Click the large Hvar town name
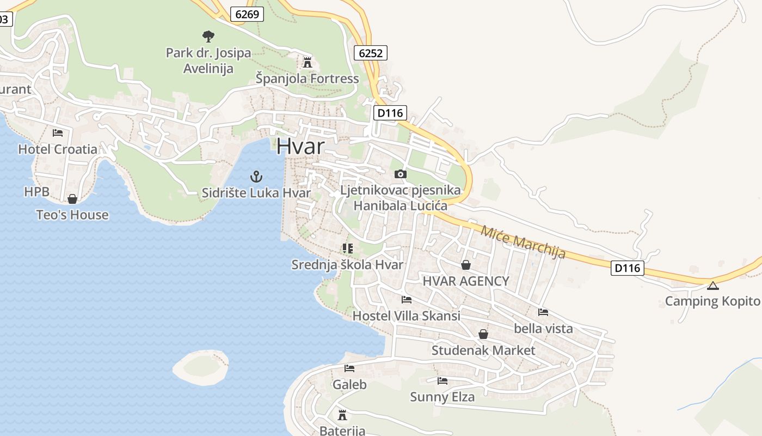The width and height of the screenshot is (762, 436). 300,146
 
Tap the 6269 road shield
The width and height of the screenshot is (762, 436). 247,14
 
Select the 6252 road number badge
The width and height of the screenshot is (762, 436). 371,53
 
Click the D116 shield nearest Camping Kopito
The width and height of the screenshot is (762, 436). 628,268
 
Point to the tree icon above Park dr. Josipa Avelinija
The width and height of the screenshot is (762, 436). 208,37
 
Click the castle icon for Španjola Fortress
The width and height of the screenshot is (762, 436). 308,62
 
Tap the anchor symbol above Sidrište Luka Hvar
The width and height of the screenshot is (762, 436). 256,177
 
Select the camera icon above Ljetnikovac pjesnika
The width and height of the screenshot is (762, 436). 401,174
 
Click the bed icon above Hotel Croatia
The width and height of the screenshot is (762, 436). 58,132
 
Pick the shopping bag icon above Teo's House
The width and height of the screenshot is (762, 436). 72,199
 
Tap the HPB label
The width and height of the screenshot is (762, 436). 36,192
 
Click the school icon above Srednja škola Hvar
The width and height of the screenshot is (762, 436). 348,249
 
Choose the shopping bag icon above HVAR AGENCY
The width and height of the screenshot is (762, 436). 466,265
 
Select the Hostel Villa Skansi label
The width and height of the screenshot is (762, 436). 406,316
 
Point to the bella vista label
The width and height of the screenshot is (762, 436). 543,328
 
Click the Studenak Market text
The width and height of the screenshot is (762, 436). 483,350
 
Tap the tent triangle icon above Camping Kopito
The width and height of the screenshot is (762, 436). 712,286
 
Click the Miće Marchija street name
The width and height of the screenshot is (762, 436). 523,241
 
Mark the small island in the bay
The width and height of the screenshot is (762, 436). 200,367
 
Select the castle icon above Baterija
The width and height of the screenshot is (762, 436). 342,415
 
